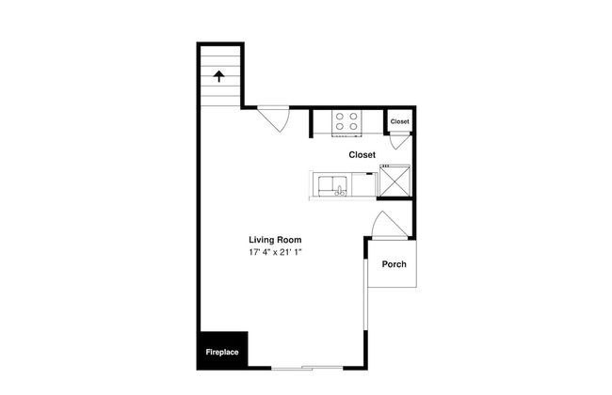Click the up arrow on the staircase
pos(219,76)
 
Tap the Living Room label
pos(275,240)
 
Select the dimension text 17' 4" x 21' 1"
pos(276,252)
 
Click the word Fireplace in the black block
pos(222,352)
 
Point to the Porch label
pos(395,264)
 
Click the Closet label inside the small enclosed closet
pos(399,121)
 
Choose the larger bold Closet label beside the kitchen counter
pos(362,155)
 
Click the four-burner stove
pos(346,122)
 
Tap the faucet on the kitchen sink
pos(340,191)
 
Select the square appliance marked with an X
pos(395,181)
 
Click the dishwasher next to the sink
pos(364,184)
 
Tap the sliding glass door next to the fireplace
pos(307,368)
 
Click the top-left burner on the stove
pos(340,117)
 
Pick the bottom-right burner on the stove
pos(353,126)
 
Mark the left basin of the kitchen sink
pos(326,185)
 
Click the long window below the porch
pos(365,294)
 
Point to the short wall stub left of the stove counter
pos(311,123)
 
